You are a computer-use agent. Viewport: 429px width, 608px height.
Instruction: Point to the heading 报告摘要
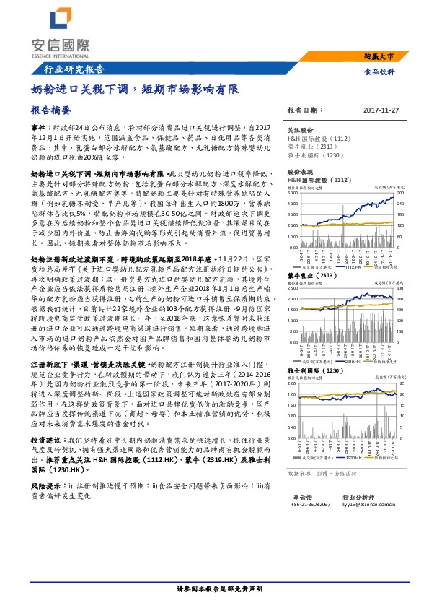50,111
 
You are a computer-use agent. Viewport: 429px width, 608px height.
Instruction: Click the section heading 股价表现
300,173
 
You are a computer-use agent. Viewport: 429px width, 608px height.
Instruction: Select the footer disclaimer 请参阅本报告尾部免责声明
214,590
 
